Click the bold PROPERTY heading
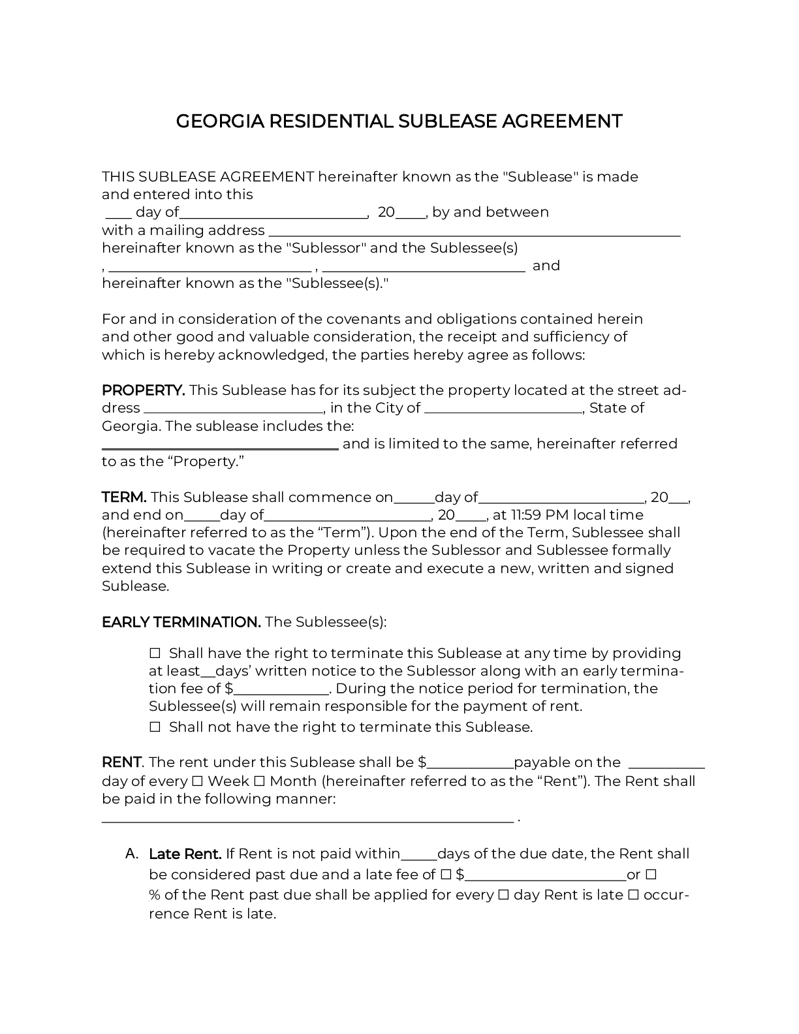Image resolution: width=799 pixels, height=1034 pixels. (143, 390)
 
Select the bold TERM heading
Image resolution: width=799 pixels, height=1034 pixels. (123, 497)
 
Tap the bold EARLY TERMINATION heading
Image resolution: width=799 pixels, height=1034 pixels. (181, 622)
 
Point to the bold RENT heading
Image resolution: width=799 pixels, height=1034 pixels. (121, 762)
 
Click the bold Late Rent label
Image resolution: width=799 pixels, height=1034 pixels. (185, 854)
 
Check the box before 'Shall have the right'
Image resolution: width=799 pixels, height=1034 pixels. (155, 653)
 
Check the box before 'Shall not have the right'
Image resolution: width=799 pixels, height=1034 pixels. (155, 727)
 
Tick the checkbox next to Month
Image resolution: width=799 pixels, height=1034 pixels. (258, 781)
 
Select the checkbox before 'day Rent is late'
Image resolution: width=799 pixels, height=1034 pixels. (503, 895)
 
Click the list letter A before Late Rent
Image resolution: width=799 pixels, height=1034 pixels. (131, 854)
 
